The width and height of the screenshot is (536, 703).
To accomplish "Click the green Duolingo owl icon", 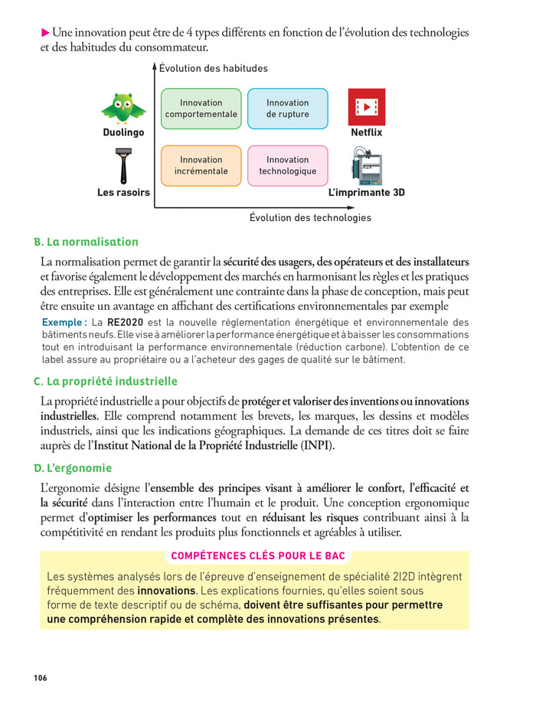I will [123, 109].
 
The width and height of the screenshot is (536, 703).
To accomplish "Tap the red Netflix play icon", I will [367, 107].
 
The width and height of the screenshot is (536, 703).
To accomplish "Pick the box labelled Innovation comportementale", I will [201, 109].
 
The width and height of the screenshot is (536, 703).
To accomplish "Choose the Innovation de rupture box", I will [287, 109].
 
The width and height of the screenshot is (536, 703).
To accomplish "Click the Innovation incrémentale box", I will [201, 165].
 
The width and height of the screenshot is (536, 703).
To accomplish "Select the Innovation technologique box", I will [287, 165].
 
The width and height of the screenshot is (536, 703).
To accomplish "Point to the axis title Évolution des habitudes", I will [214, 69].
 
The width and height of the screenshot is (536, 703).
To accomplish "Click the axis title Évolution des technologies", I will [310, 218].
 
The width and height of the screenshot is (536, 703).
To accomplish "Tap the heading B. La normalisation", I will [86, 242].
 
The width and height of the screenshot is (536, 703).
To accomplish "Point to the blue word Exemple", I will [63, 323].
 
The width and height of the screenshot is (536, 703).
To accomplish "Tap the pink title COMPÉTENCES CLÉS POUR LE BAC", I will [258, 555].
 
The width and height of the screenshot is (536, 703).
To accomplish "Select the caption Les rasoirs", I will [123, 193].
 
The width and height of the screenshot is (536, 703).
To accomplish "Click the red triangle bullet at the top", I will [45, 33].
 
